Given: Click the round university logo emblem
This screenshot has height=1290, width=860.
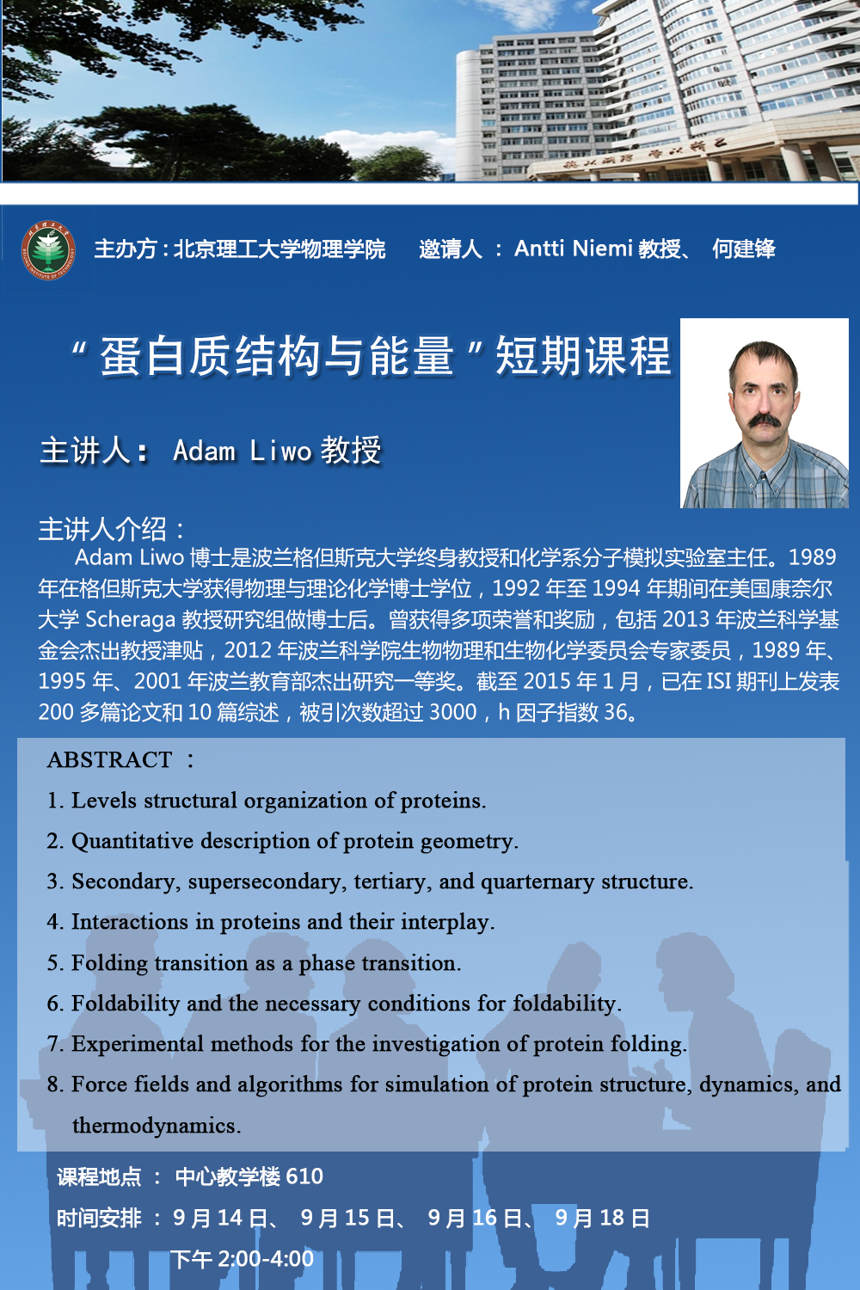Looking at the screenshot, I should coord(49,250).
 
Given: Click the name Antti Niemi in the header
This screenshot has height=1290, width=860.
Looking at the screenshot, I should coord(573,249).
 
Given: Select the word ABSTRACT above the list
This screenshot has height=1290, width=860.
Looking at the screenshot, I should coord(109,760).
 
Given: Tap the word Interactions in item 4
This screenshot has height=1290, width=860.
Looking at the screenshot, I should coord(129,922).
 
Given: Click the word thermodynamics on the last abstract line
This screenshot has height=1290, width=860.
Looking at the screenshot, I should coord(155,1126).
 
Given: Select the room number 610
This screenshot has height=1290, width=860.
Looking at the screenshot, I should coord(304,1176).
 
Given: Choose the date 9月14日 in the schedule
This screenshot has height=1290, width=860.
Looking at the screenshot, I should coord(220,1218).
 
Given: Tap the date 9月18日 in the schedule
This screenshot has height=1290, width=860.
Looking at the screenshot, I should coord(602,1218).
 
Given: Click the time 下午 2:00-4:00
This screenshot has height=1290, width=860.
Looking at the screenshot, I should coord(243,1259).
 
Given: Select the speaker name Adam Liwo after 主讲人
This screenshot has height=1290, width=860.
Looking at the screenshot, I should coord(242,451).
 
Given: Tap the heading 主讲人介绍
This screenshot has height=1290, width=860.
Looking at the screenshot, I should coord(111,529).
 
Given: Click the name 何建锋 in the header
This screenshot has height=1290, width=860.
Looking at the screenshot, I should coord(743,249).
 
